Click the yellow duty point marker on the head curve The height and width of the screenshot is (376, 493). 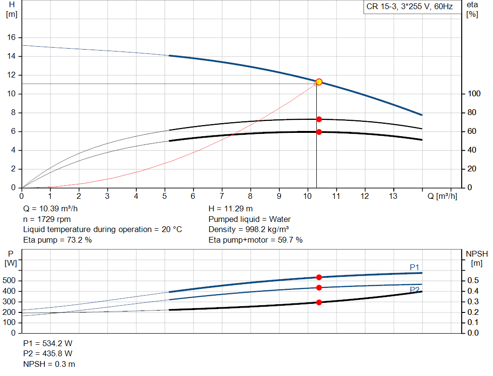pyautogui.click(x=319, y=82)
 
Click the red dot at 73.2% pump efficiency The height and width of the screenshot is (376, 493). pyautogui.click(x=319, y=119)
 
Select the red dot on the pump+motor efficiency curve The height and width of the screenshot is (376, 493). pyautogui.click(x=319, y=132)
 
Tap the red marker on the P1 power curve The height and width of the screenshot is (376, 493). pyautogui.click(x=319, y=277)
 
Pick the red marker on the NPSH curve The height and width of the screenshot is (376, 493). pyautogui.click(x=319, y=302)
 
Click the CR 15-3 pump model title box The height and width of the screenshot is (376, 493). pyautogui.click(x=409, y=7)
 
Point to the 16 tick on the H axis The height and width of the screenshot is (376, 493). pyautogui.click(x=13, y=38)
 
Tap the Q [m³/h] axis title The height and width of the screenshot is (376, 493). pyautogui.click(x=442, y=196)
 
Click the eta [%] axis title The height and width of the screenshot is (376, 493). pyautogui.click(x=472, y=9)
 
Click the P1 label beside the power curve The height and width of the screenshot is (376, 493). pyautogui.click(x=415, y=267)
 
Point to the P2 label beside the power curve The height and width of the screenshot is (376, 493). pyautogui.click(x=415, y=289)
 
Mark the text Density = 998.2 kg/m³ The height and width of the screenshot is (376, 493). pyautogui.click(x=248, y=230)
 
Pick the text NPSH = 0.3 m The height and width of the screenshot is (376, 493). pyautogui.click(x=49, y=364)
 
